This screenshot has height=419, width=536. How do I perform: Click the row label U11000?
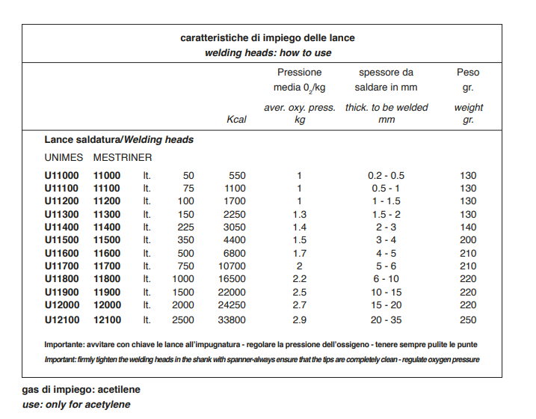61,176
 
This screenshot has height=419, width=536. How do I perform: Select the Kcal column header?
236,120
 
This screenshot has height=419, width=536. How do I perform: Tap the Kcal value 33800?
232,319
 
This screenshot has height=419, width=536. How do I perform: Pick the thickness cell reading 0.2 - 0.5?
386,176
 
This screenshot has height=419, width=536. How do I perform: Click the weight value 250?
468,319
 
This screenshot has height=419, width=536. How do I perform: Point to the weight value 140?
468,227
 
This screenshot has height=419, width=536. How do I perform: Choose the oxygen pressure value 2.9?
300,319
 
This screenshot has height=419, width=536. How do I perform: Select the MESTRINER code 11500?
107,239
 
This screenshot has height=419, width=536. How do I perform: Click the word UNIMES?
64,157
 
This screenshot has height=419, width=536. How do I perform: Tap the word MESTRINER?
123,157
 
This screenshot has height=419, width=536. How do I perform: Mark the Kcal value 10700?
232,266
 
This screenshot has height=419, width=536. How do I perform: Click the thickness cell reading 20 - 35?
386,319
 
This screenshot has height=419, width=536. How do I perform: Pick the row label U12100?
62,319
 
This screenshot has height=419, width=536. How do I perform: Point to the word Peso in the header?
468,72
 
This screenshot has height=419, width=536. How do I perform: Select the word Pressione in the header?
300,72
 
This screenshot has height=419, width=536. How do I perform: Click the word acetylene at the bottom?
108,405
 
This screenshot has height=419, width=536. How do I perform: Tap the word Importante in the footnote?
64,344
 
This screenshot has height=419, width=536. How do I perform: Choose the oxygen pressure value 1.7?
300,253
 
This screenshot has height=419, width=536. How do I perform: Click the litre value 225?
185,227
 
